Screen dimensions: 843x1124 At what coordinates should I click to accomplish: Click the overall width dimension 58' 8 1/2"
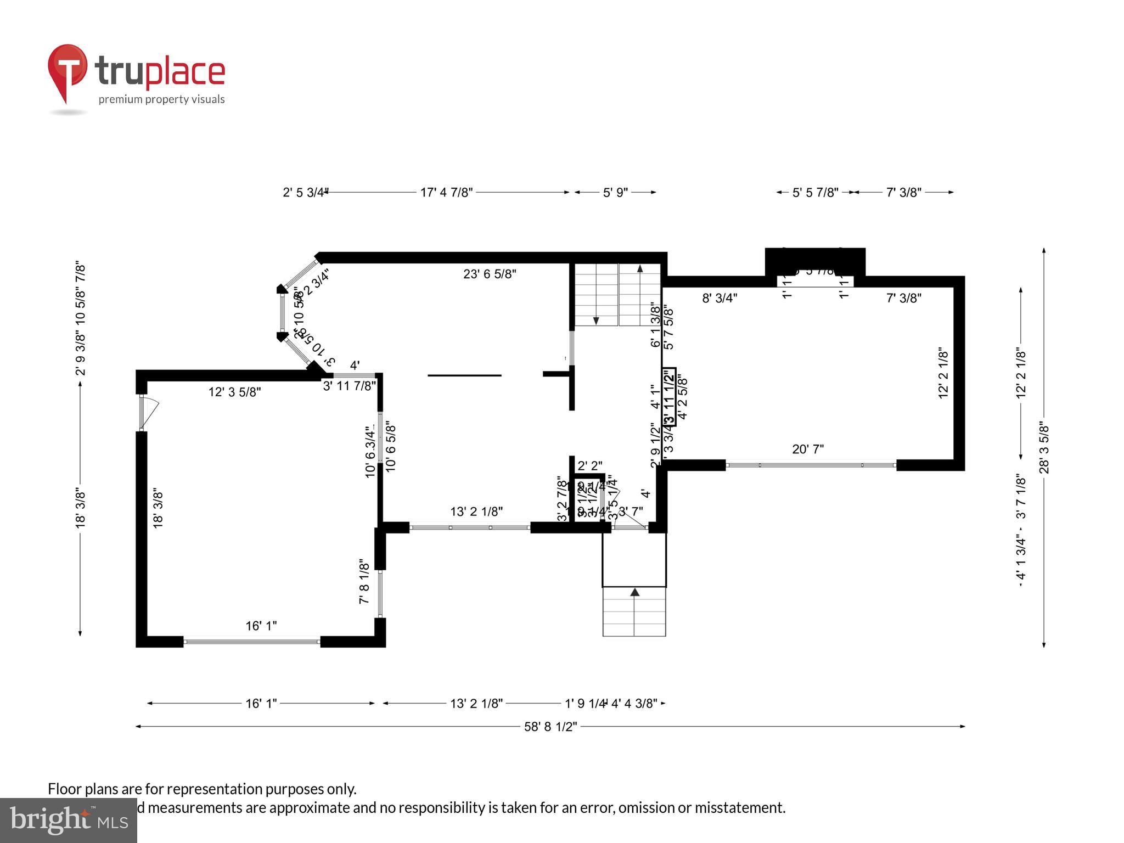550,727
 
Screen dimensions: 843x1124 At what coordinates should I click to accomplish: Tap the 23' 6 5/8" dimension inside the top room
490,274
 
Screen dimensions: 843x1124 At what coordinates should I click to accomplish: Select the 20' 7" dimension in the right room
808,449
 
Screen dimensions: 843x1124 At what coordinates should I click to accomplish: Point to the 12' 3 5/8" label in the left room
234,392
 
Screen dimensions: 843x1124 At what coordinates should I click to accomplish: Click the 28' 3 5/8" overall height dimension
1044,448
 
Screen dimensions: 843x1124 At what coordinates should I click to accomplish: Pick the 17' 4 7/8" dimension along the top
446,193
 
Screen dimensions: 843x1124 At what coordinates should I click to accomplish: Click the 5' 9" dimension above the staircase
615,193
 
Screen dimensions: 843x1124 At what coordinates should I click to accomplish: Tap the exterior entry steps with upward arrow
634,611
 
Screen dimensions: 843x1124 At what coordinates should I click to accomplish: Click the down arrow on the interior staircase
597,320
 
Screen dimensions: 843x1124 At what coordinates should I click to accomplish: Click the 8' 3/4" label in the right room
720,298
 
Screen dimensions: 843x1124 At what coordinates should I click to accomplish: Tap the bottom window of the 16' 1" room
252,641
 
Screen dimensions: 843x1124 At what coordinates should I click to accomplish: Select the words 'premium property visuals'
161,99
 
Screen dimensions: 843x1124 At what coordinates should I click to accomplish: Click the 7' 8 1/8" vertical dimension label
364,582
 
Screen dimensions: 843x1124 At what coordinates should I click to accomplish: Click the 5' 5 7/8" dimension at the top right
815,193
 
